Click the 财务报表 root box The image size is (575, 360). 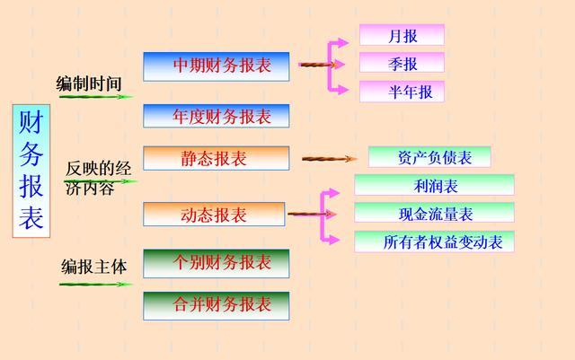click(31, 171)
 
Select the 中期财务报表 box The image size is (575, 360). click(217, 66)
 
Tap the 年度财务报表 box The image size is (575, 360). click(217, 116)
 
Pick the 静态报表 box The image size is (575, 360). click(217, 159)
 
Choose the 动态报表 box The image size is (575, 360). click(214, 215)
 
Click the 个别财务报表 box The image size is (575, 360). click(217, 263)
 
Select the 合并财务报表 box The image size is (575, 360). click(217, 304)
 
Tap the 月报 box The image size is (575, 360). click(402, 36)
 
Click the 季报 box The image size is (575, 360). click(402, 64)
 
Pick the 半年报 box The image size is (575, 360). click(402, 92)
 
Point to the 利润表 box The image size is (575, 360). click(434, 186)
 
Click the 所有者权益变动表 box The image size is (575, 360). click(434, 241)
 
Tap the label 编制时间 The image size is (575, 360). click(89, 83)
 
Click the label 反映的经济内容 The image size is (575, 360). click(98, 178)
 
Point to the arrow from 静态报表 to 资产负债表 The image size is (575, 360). click(329, 159)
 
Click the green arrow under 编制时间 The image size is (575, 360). click(96, 96)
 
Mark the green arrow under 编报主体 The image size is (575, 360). click(95, 285)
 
